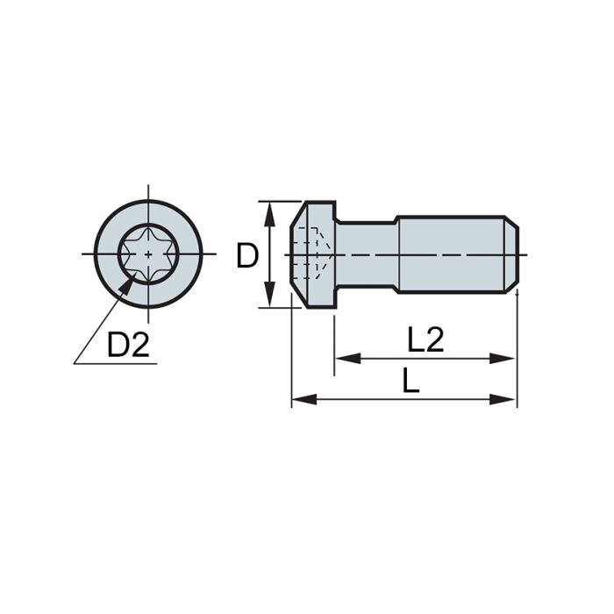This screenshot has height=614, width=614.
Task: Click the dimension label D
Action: coord(247,256)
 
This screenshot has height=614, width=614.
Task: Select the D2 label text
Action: coord(128,345)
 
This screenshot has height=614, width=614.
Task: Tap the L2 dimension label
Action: coord(425,339)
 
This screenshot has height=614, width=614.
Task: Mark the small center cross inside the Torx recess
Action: coord(149,254)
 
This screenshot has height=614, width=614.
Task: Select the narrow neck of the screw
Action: coord(367,254)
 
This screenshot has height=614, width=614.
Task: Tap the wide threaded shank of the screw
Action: coord(452,254)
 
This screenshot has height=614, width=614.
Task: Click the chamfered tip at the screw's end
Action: coord(512,254)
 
